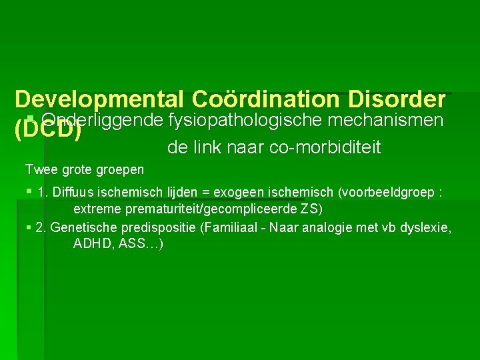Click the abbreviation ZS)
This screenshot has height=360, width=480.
[x=311, y=209]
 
